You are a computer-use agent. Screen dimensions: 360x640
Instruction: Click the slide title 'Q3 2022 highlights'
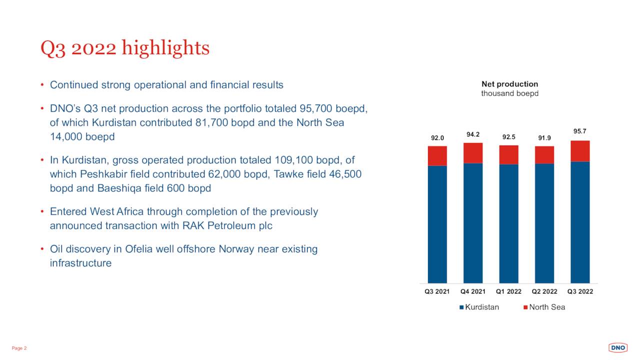pyautogui.click(x=125, y=48)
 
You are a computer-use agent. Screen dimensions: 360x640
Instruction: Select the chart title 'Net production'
pyautogui.click(x=509, y=84)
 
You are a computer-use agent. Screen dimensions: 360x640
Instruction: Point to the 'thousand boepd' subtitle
pyautogui.click(x=509, y=93)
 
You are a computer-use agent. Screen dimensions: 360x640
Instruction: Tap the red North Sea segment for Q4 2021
pyautogui.click(x=473, y=153)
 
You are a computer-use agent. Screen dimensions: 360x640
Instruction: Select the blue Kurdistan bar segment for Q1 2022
pyautogui.click(x=508, y=223)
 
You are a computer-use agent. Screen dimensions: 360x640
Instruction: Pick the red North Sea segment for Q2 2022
pyautogui.click(x=544, y=155)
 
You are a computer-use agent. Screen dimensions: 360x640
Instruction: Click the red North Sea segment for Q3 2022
pyautogui.click(x=580, y=151)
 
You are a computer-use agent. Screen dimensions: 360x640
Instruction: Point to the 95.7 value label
pyautogui.click(x=580, y=131)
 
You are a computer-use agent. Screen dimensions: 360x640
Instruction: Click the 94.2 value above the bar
pyautogui.click(x=473, y=134)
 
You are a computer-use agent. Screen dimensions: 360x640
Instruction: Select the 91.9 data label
pyautogui.click(x=544, y=137)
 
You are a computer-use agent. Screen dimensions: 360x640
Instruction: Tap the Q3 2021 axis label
pyautogui.click(x=437, y=291)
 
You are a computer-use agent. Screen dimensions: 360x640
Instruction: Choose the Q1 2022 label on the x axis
pyautogui.click(x=508, y=291)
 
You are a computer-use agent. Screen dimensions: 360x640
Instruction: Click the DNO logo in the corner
pyautogui.click(x=617, y=347)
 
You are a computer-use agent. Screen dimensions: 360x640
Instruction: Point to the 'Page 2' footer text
pyautogui.click(x=19, y=348)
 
